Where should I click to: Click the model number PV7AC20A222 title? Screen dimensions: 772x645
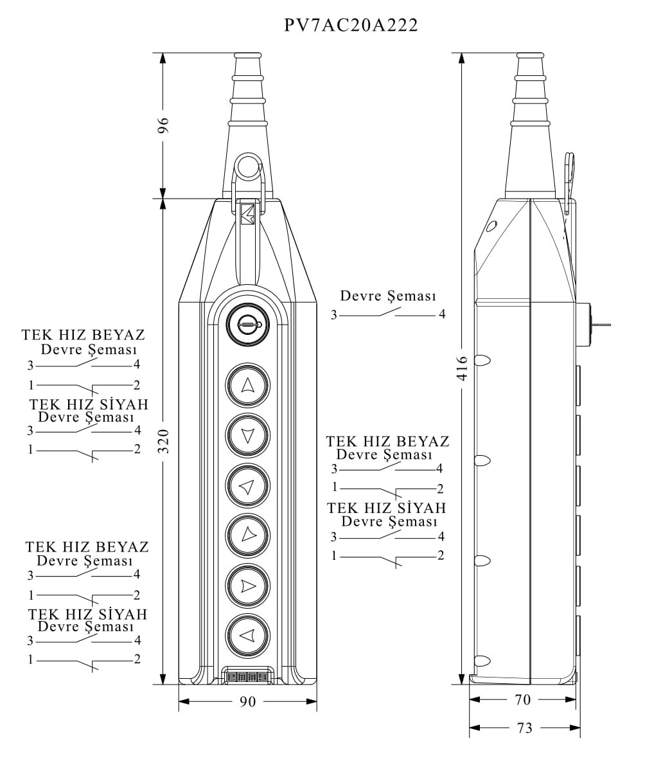(x=351, y=26)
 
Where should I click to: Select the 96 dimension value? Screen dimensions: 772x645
(x=163, y=125)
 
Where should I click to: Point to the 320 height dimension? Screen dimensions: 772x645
(x=163, y=441)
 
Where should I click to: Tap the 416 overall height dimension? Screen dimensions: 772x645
(x=462, y=368)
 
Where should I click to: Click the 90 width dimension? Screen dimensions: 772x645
(x=247, y=702)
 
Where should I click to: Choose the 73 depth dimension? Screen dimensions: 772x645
(x=524, y=728)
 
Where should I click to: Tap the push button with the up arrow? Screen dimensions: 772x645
(x=247, y=386)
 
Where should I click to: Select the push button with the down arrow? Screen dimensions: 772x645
(x=247, y=436)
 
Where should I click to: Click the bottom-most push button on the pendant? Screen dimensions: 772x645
(x=247, y=636)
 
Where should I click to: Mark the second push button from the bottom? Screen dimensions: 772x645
(x=247, y=586)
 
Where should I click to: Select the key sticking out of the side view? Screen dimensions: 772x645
(x=600, y=325)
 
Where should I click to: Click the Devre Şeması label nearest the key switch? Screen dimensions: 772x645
(x=388, y=296)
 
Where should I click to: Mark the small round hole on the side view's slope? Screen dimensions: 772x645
(x=492, y=226)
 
